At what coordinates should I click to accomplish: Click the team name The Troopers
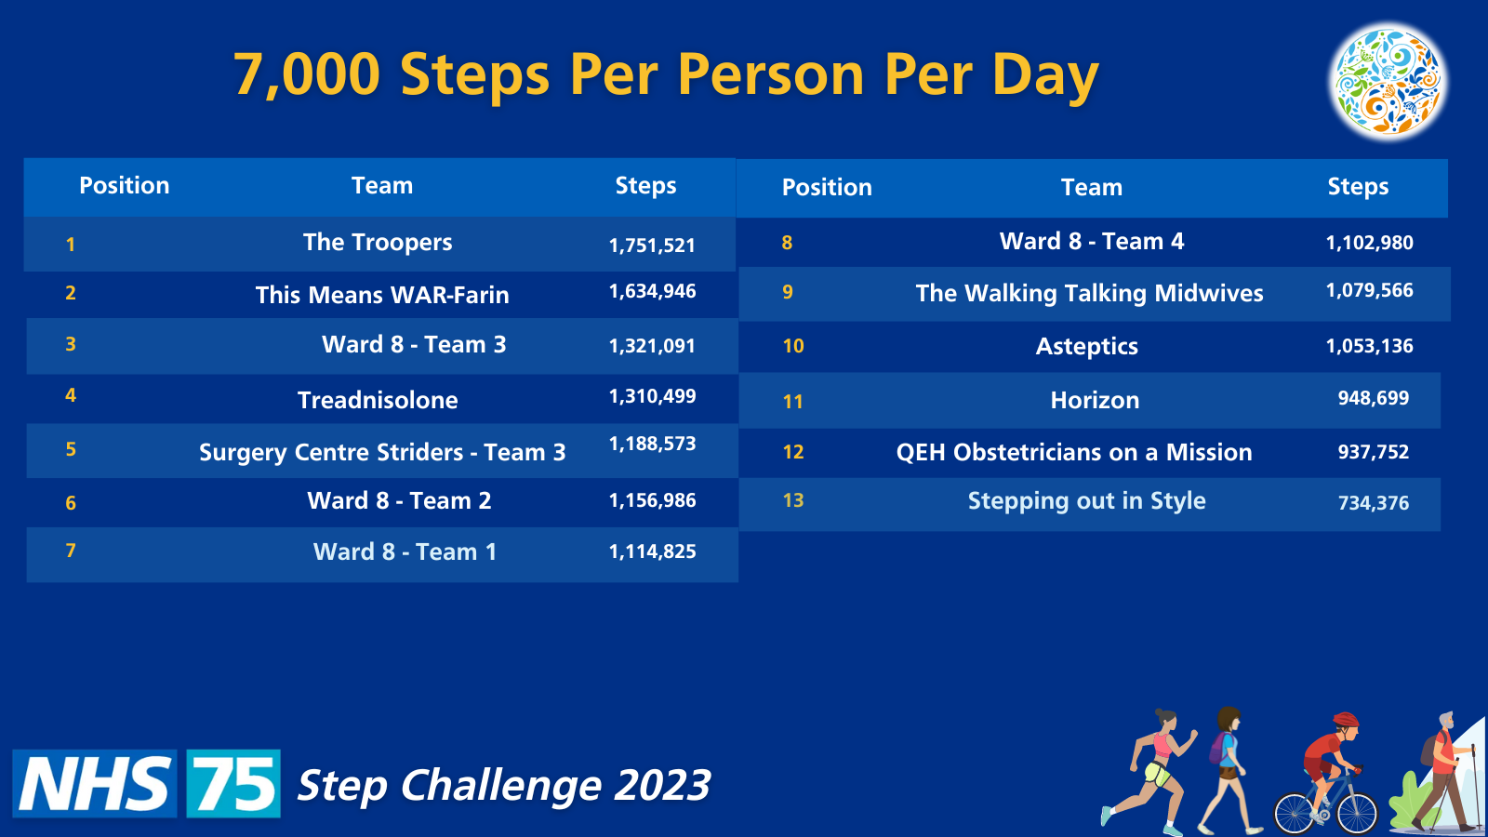click(378, 243)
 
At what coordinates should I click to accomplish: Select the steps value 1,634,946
click(652, 291)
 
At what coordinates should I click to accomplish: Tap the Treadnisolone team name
click(378, 400)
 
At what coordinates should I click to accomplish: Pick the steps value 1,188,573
click(652, 444)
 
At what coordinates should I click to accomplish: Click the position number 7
click(71, 551)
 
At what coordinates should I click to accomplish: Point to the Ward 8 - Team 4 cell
click(1092, 241)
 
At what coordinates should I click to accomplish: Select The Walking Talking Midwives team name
click(1089, 293)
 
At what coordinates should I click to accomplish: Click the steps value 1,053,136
click(1369, 346)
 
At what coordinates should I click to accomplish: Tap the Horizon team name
click(1095, 400)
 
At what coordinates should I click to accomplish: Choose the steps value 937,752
click(1373, 452)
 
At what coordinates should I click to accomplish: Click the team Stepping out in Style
click(1086, 501)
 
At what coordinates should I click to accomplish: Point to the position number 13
click(793, 500)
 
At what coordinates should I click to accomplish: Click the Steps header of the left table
click(645, 185)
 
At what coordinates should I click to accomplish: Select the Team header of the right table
click(1092, 187)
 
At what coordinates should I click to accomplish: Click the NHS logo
click(94, 783)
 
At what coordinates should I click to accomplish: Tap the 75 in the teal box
click(233, 783)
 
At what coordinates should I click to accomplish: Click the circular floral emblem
click(1388, 82)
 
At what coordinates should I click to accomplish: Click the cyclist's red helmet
click(1346, 720)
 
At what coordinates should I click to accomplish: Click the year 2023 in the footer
click(662, 785)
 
